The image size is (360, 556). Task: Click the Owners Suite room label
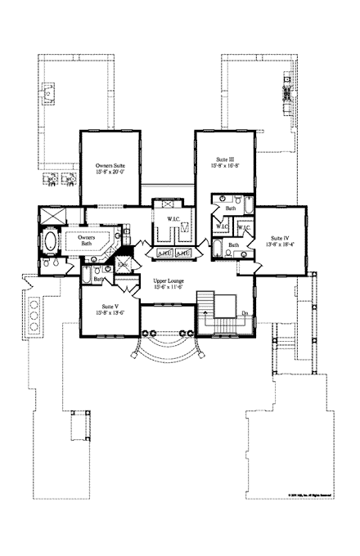pyautogui.click(x=110, y=164)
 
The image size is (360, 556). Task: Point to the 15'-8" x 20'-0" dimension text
pyautogui.click(x=110, y=172)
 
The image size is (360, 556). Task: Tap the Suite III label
pyautogui.click(x=224, y=158)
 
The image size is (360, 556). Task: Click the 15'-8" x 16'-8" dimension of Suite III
pyautogui.click(x=224, y=165)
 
